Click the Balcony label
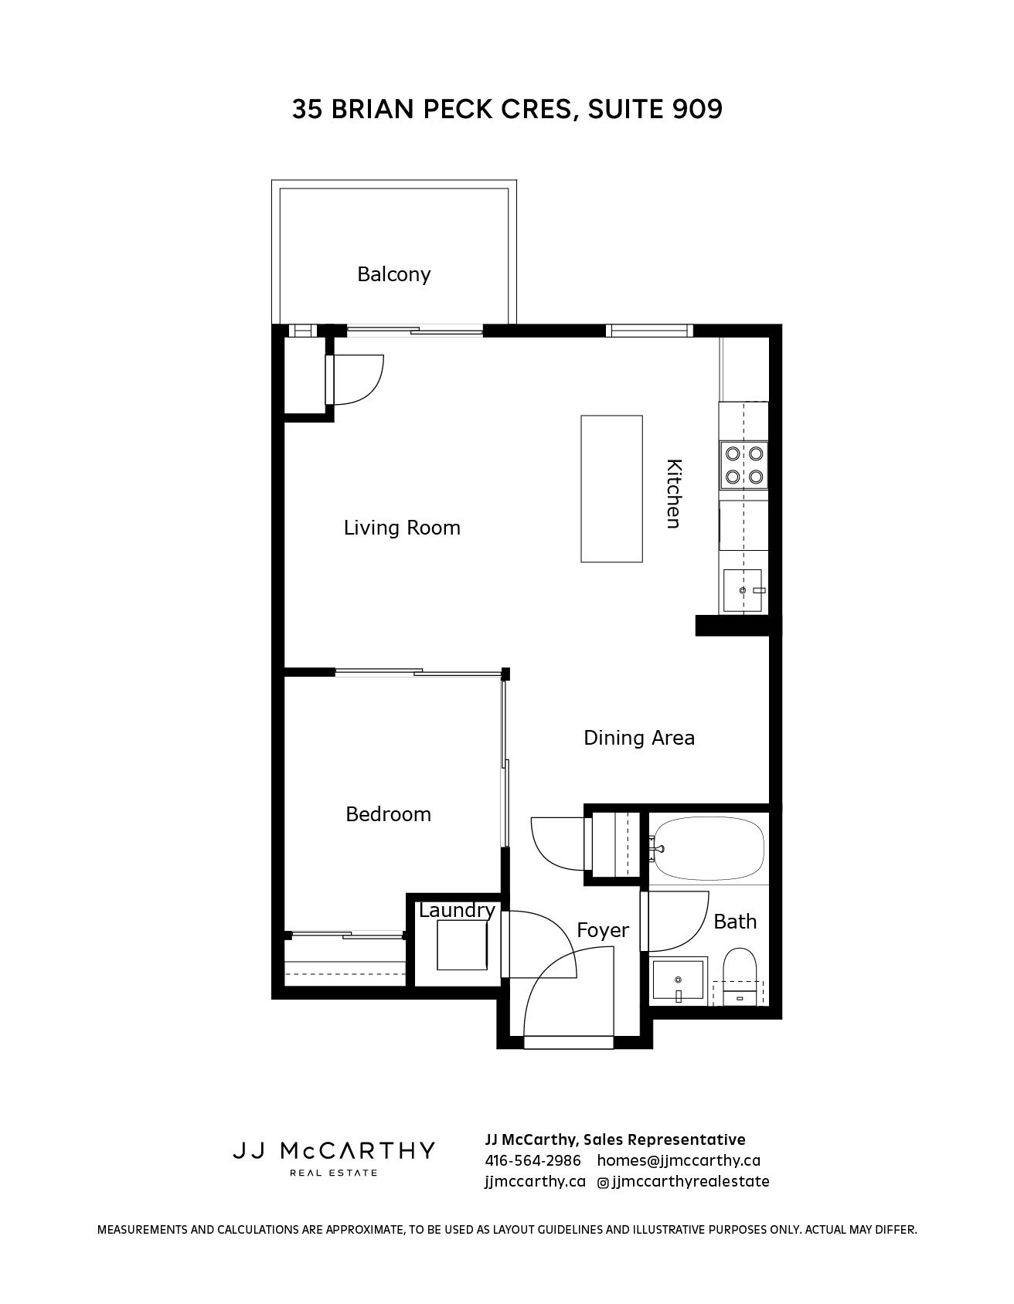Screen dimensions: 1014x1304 [x=393, y=275]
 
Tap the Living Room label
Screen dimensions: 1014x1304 [x=402, y=528]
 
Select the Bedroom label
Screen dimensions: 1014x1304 [x=388, y=814]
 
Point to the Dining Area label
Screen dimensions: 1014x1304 [x=639, y=738]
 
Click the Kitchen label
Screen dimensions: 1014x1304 [x=674, y=494]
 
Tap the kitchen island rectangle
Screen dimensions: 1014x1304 [x=611, y=489]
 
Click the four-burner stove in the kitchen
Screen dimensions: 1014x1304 [x=744, y=465]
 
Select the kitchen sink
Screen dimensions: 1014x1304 [x=743, y=590]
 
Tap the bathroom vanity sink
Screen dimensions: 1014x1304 [x=679, y=981]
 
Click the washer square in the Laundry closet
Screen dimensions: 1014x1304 [x=462, y=946]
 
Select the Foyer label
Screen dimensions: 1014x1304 [x=603, y=930]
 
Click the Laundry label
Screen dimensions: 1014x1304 [x=457, y=911]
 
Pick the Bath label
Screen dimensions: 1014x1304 [x=735, y=922]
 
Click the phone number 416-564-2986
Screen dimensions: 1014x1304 [x=533, y=1161]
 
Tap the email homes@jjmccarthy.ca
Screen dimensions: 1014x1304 [x=679, y=1161]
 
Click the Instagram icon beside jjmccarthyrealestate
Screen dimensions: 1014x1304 [x=603, y=1182]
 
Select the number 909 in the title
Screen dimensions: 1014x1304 [x=698, y=109]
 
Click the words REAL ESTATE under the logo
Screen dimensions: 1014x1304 [x=333, y=1173]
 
